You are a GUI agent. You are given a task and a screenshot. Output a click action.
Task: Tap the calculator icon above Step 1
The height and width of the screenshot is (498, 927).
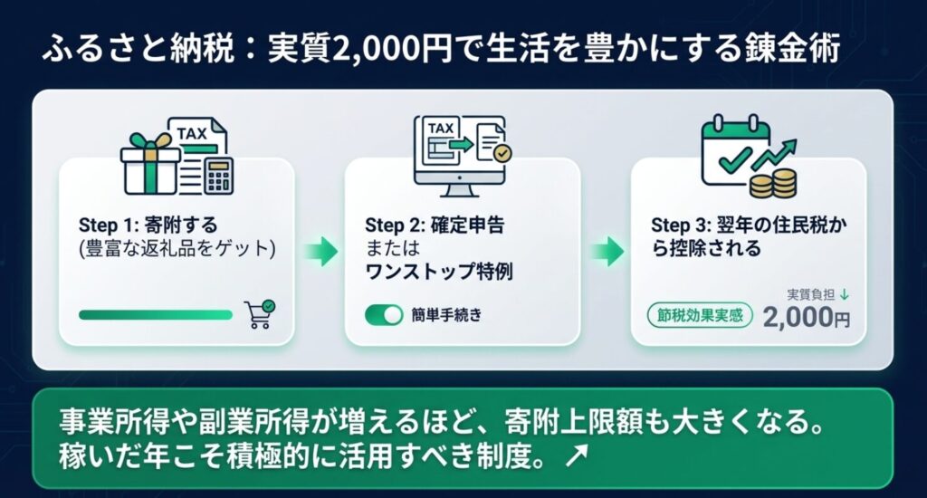[219, 176]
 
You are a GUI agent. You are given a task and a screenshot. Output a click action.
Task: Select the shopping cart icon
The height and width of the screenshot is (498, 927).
[260, 314]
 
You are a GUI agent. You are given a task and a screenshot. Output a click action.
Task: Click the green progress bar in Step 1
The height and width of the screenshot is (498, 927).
[156, 315]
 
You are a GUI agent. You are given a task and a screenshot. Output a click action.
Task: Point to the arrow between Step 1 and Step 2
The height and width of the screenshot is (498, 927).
[321, 252]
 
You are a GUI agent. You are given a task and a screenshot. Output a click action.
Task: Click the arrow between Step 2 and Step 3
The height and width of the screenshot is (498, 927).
[607, 252]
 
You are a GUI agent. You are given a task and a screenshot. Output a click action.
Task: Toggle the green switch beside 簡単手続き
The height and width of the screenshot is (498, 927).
[384, 315]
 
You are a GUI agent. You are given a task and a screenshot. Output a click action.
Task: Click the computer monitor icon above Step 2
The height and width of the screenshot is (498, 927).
[460, 156]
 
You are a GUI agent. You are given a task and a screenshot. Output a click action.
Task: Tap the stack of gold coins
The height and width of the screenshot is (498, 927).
[773, 183]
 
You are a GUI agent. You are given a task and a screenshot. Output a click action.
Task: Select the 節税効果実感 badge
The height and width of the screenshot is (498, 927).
[700, 315]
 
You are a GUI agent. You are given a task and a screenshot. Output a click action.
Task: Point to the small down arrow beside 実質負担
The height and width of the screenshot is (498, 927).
[845, 294]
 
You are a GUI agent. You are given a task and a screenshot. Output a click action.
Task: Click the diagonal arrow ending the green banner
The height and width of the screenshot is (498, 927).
[577, 455]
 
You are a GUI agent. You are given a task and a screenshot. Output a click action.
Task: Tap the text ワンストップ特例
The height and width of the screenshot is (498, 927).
[439, 272]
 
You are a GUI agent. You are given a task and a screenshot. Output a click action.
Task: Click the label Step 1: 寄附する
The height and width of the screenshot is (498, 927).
[148, 225]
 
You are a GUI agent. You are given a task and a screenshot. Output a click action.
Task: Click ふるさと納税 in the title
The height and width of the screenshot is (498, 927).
[139, 48]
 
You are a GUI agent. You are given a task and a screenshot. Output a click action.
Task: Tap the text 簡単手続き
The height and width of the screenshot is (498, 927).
[447, 315]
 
